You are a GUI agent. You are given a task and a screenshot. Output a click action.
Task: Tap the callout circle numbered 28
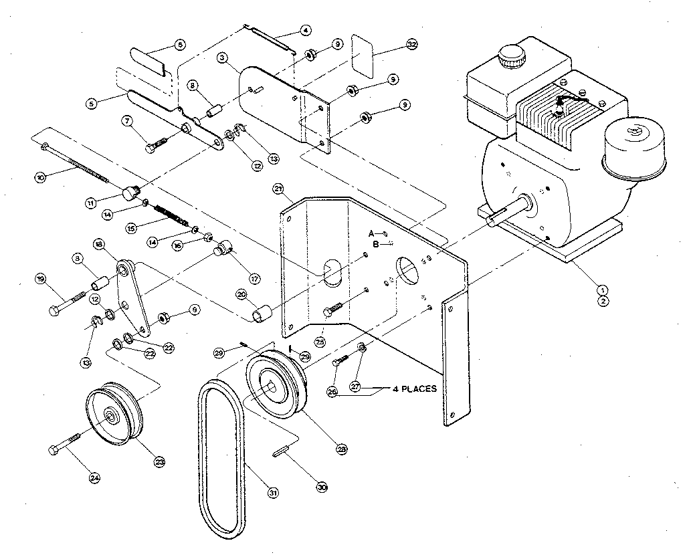point(342,450)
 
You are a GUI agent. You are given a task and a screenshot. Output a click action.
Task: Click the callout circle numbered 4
point(305,30)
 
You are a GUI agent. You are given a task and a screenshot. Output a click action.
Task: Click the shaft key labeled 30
point(280,452)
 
